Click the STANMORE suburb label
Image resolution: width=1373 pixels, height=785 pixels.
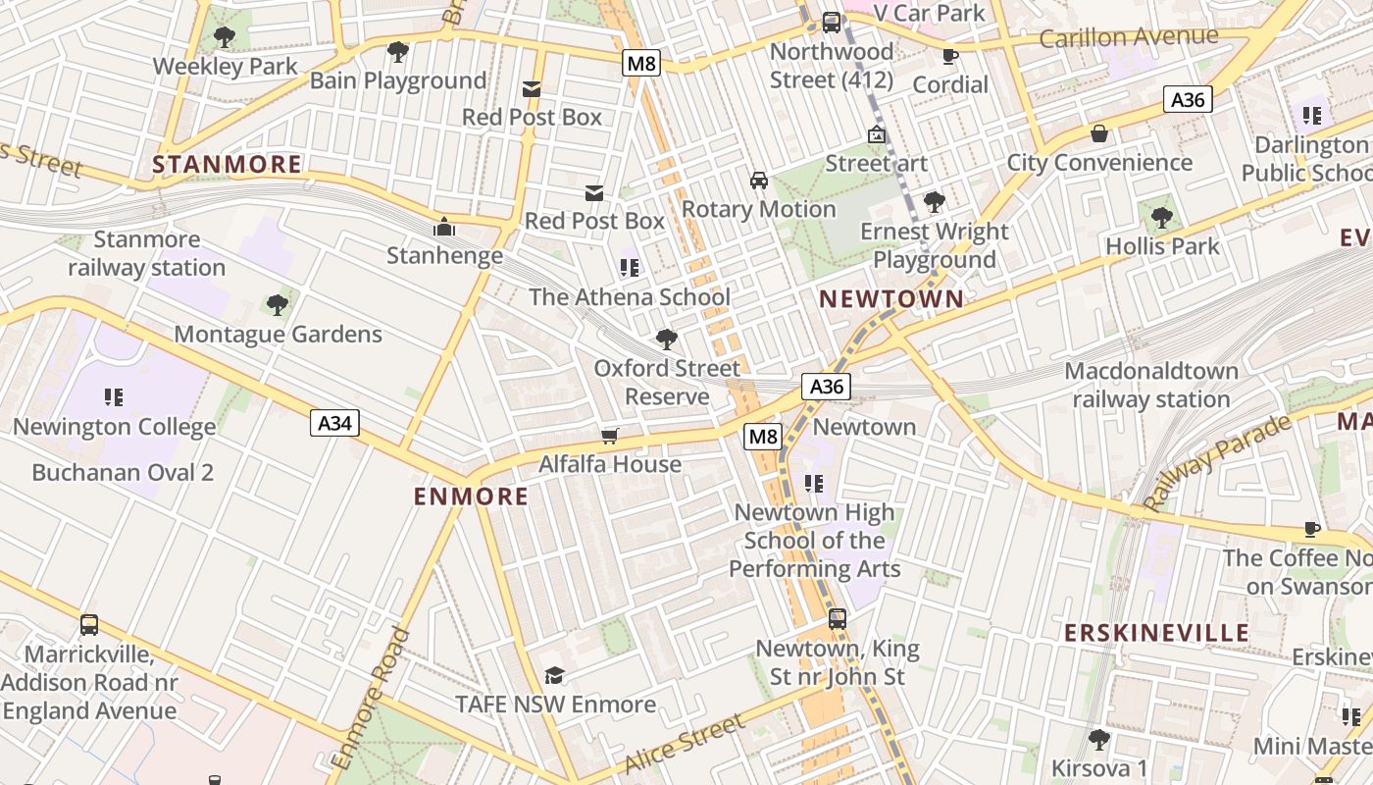point(227,164)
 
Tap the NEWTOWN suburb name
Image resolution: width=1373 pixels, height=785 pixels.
point(891,299)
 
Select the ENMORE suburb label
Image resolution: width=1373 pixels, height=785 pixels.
point(471,497)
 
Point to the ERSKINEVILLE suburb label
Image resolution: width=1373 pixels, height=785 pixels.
point(1157,633)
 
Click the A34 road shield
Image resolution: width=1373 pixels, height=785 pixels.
point(335,423)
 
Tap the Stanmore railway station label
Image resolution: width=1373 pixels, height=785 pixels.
point(147,253)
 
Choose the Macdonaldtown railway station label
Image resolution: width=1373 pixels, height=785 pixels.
point(1151,386)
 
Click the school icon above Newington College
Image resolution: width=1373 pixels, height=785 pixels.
point(114,397)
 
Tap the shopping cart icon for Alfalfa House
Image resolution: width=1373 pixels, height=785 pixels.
point(610,436)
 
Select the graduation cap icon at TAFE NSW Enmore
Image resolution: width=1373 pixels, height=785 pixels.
point(555,675)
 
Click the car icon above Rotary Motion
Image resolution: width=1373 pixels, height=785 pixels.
point(758,180)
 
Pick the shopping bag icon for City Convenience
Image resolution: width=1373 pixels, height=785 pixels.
point(1099,133)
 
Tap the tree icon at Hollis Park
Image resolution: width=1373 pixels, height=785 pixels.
point(1162,217)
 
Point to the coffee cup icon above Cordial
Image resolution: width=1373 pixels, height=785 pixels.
point(949,56)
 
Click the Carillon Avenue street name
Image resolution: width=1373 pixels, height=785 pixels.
point(1128,38)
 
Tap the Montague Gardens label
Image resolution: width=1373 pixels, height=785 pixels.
point(278,335)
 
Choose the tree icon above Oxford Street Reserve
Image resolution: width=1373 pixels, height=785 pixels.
point(667,340)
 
